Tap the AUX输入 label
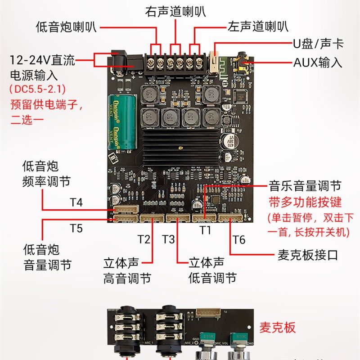[318, 62]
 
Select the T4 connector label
[76, 202]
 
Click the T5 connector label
[76, 228]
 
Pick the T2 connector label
[144, 239]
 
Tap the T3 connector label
[168, 239]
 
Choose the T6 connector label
[239, 239]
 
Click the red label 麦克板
[278, 327]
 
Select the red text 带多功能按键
[299, 201]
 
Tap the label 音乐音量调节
[305, 185]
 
